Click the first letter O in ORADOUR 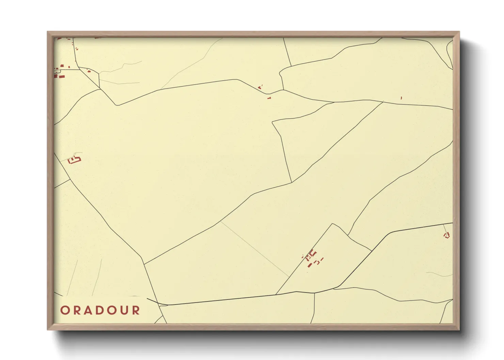tap(65, 310)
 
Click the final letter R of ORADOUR tap(136, 310)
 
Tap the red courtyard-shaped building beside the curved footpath tap(74, 160)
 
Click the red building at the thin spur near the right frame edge tap(447, 235)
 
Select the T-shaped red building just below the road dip tap(269, 98)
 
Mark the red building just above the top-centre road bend tap(260, 87)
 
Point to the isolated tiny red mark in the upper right tap(401, 98)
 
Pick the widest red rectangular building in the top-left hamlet tap(62, 77)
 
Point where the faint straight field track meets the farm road tap(289, 277)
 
